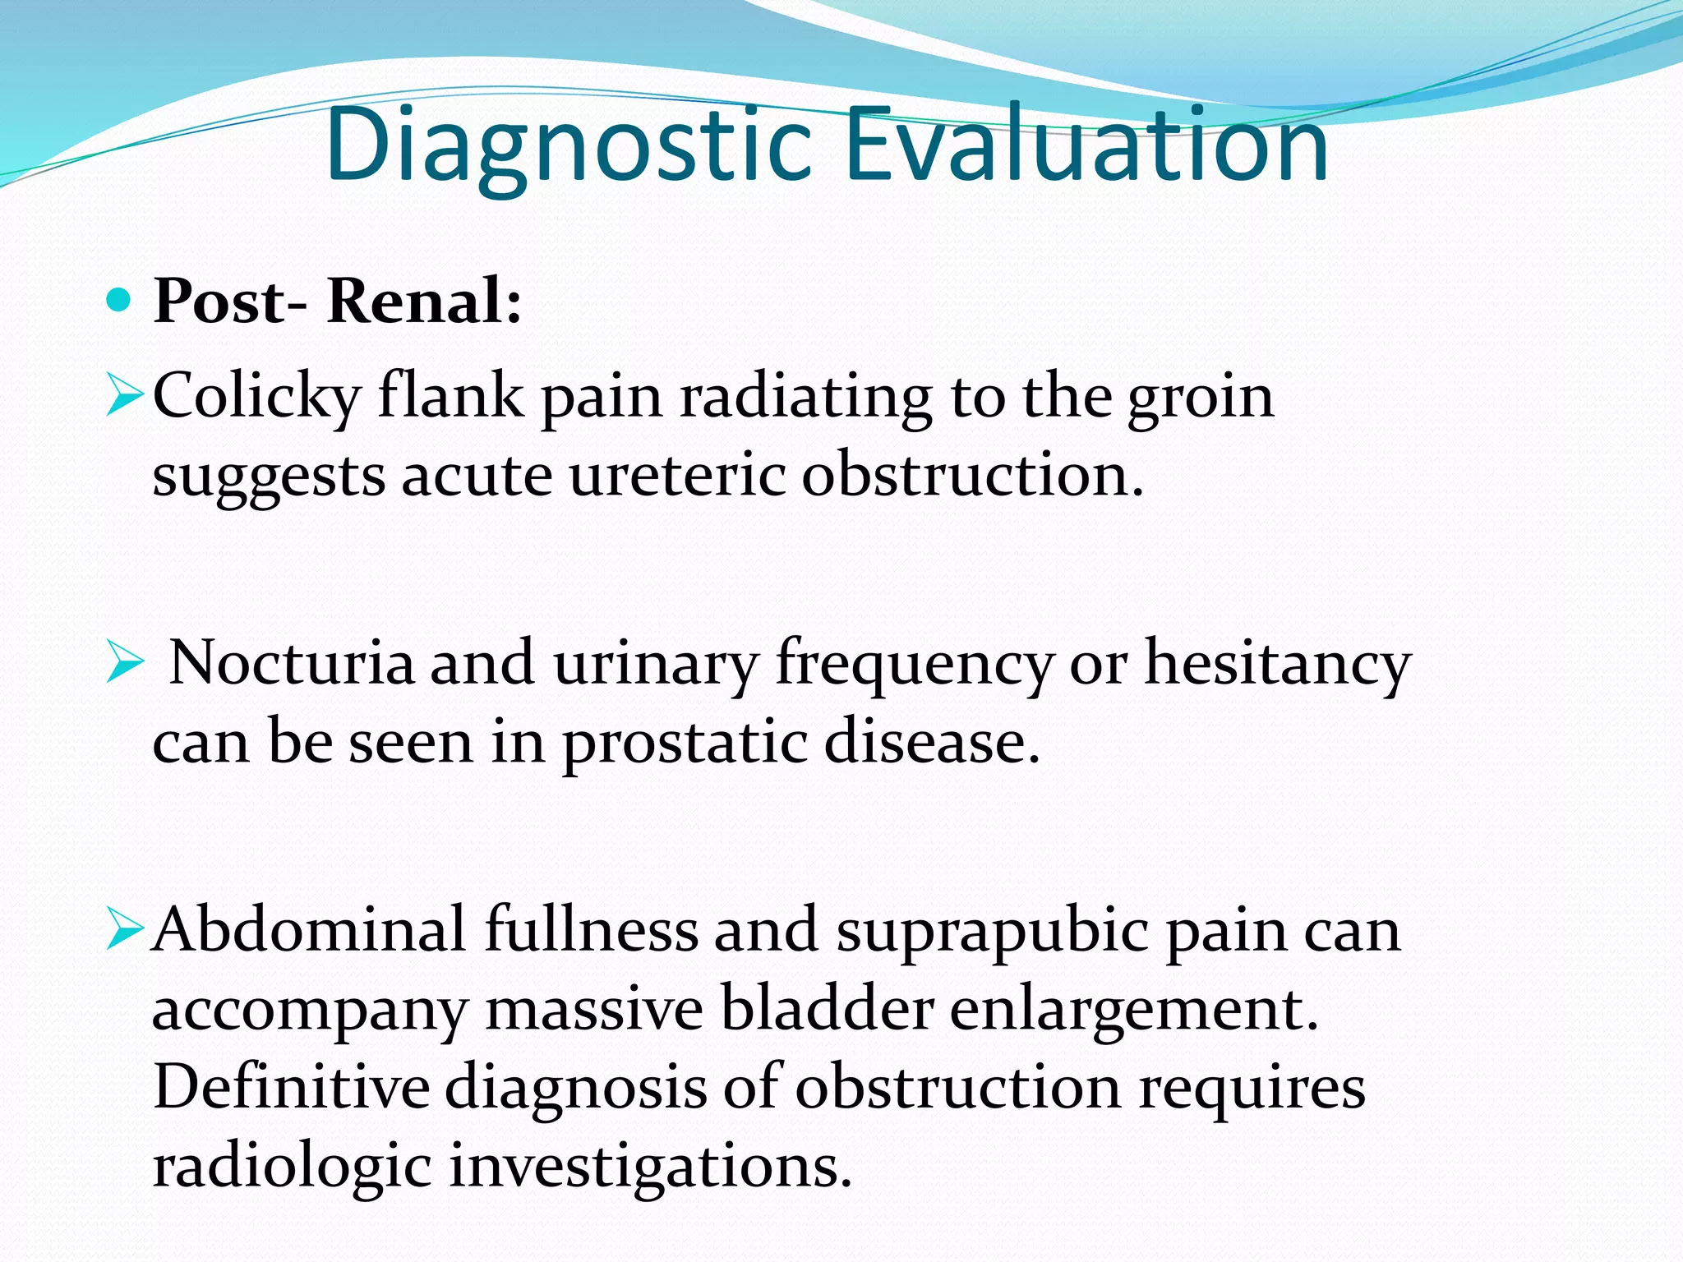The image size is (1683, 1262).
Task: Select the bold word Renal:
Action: pos(424,302)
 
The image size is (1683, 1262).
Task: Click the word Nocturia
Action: pos(292,664)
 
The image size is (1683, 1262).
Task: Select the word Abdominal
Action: pos(310,931)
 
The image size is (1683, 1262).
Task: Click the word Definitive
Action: pos(292,1087)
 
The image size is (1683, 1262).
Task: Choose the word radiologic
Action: pos(292,1168)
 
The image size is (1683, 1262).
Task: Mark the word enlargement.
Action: pos(1134,1011)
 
